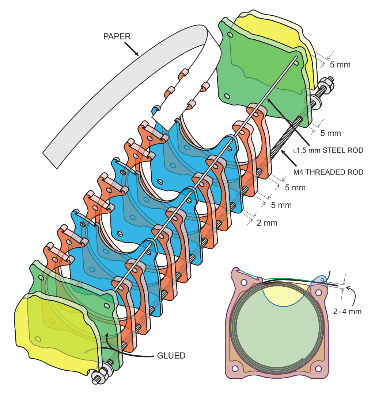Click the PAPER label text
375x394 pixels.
click(x=117, y=36)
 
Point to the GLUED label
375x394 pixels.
click(x=171, y=355)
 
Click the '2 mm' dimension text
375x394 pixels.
click(x=267, y=223)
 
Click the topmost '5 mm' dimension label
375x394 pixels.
click(x=340, y=65)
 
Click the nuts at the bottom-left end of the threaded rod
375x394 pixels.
click(x=99, y=374)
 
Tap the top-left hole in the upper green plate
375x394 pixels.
click(x=230, y=35)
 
